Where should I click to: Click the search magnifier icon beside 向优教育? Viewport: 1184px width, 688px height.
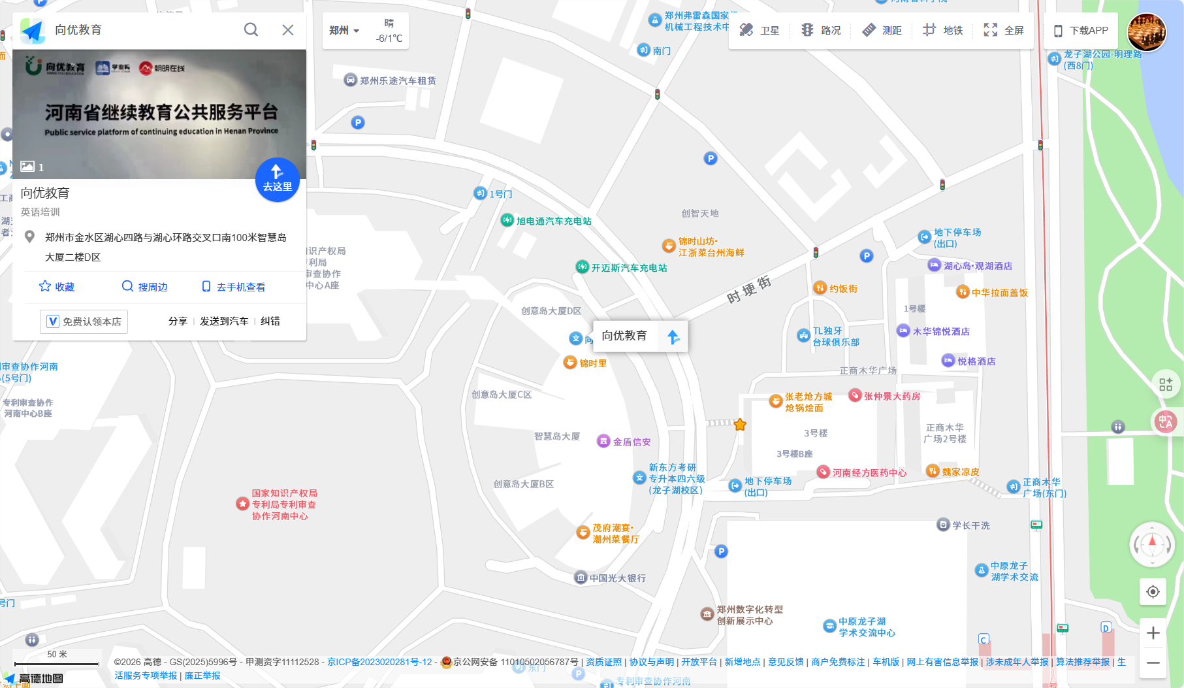(251, 30)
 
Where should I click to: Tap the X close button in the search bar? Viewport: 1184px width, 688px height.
(287, 30)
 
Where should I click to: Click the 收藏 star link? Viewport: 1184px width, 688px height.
(57, 287)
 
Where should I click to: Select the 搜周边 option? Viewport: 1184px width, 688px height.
(145, 287)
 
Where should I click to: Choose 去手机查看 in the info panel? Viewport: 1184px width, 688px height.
(234, 287)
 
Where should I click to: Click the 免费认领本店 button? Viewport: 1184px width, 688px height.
(84, 321)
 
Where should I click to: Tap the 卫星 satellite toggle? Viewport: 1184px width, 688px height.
(760, 30)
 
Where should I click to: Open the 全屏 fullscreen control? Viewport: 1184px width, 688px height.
(1004, 30)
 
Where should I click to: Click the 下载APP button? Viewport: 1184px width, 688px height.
(1081, 30)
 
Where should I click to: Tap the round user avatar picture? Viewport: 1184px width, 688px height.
(1146, 32)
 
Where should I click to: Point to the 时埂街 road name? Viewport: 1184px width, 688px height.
(749, 290)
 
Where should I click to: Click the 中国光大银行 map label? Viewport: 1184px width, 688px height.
(617, 578)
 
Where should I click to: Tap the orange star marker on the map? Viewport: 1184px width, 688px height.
(740, 425)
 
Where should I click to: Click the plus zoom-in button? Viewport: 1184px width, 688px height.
(1153, 633)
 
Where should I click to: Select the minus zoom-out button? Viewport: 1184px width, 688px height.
(1153, 663)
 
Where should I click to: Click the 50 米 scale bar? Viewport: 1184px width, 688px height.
(57, 659)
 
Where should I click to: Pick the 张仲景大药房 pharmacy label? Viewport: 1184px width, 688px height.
(891, 396)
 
